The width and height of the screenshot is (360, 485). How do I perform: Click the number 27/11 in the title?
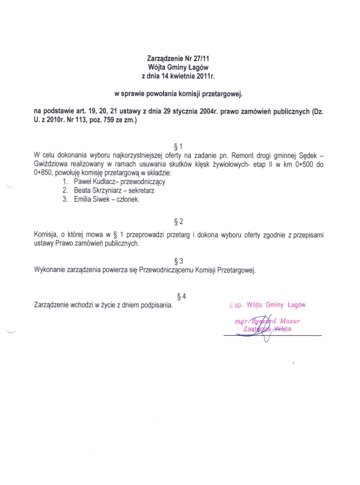pos(200,59)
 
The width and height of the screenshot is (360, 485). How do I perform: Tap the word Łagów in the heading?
pos(198,67)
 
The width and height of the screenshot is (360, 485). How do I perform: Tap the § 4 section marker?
pos(180,296)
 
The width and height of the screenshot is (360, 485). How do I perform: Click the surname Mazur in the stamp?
pos(290,321)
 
